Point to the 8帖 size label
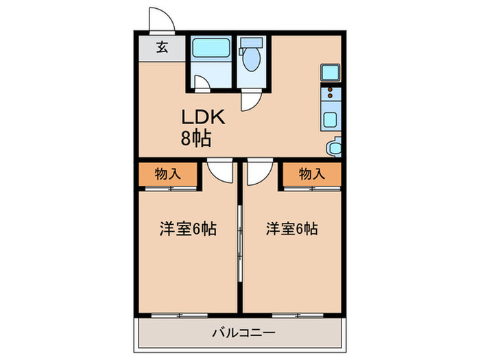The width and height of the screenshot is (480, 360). tap(196, 138)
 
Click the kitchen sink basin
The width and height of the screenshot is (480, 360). tap(330, 120)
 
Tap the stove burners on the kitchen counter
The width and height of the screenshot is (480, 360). tap(330, 93)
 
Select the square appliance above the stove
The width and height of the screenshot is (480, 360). tap(329, 72)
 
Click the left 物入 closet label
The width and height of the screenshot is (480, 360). tap(168, 174)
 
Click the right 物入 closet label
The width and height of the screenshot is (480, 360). tap(312, 174)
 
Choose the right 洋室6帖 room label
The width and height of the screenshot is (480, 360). tap(291, 229)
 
